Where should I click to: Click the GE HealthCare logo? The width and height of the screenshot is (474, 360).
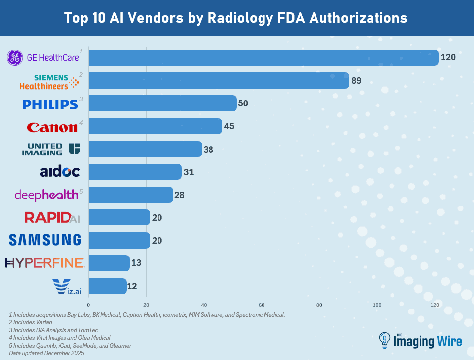(43, 58)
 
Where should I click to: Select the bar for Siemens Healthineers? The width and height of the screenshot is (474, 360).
(218, 80)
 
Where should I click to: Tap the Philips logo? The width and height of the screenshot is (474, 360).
(50, 104)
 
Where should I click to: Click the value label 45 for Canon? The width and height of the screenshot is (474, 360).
(229, 126)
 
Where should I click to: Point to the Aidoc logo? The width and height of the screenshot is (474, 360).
(59, 172)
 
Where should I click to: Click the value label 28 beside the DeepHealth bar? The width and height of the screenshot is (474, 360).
(179, 195)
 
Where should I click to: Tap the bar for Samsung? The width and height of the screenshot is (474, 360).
(119, 240)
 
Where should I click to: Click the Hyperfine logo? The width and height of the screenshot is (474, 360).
(45, 263)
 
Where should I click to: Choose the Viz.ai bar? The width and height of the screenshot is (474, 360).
(107, 286)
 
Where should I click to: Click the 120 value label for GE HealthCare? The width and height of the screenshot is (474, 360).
(448, 57)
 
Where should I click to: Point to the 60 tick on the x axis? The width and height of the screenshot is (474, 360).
(262, 305)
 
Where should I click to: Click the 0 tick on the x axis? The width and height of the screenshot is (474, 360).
(88, 305)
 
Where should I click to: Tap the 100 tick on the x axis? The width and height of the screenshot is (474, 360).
(377, 305)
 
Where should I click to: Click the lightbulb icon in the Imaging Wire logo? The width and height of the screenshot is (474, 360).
(384, 340)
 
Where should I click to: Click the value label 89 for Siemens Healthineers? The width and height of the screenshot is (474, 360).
(357, 80)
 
